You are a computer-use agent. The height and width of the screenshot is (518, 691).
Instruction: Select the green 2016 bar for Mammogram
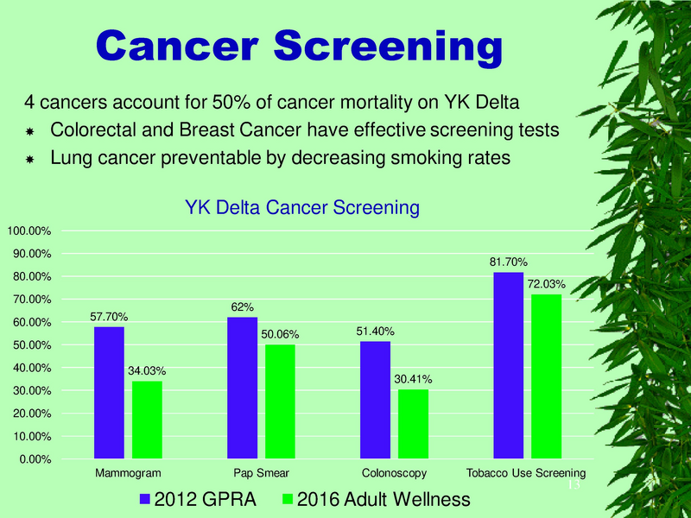[147, 420]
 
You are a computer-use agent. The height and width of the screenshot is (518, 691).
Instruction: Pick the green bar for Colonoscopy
[413, 424]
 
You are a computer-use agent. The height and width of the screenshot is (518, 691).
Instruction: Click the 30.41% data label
[413, 378]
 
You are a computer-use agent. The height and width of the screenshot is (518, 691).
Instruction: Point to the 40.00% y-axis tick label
[30, 368]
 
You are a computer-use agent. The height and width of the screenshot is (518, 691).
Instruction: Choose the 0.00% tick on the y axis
[33, 459]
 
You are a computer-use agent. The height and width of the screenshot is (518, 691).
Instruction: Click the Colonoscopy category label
[394, 473]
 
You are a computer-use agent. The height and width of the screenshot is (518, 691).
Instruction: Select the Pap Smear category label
[261, 473]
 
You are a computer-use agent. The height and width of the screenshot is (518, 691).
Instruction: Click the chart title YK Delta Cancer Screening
[302, 208]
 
